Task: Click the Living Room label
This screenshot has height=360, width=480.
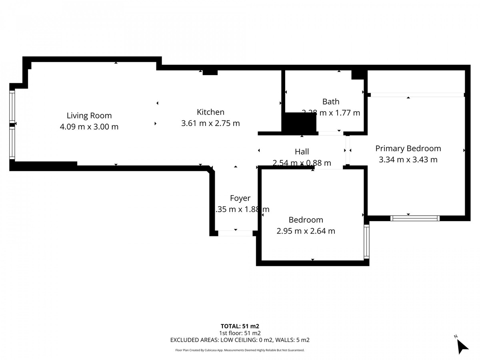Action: click(89, 116)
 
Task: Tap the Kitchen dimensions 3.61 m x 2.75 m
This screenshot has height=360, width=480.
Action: click(210, 123)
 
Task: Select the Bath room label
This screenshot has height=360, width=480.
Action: click(330, 102)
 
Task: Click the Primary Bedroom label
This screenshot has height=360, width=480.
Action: click(408, 148)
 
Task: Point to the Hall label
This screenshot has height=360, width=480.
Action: click(302, 152)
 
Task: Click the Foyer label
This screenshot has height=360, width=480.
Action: click(240, 198)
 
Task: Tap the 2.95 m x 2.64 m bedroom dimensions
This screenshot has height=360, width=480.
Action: click(306, 231)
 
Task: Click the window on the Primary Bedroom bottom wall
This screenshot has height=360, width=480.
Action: click(415, 218)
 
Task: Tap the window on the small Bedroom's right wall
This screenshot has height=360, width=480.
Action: click(366, 241)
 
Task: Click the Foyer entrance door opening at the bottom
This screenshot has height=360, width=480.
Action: click(235, 233)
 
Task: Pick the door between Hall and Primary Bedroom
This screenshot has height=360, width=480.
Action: click(348, 150)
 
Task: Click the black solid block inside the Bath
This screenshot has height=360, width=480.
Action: click(299, 123)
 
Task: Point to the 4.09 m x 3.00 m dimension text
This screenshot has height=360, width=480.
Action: click(89, 127)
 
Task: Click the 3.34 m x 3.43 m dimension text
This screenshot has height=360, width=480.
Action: click(408, 160)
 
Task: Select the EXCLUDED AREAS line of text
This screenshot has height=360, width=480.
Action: click(240, 340)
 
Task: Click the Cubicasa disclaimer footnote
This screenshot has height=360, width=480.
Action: click(240, 350)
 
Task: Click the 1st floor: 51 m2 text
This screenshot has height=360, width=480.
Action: click(240, 333)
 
